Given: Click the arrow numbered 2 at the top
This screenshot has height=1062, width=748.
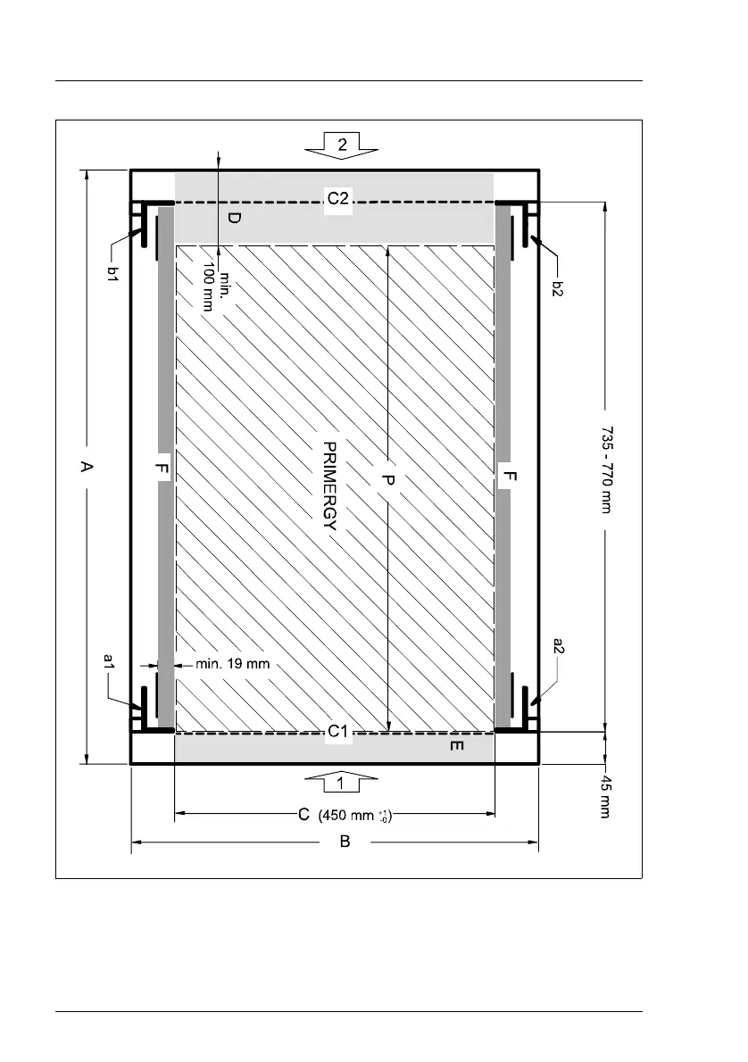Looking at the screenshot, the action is (342, 145).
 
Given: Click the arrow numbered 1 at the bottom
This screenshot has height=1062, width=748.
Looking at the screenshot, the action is (341, 783).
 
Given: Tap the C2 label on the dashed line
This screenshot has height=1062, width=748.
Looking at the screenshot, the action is (338, 198).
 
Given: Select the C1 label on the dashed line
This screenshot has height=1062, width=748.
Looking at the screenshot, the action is (338, 732).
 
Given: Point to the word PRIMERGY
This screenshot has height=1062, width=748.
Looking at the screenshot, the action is (329, 485).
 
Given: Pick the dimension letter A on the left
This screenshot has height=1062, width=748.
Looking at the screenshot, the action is (86, 466).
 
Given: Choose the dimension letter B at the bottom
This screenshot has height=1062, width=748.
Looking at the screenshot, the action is (345, 842).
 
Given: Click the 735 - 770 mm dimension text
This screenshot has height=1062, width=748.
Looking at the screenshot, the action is (606, 469).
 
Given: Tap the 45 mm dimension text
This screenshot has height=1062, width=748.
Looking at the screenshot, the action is (605, 796).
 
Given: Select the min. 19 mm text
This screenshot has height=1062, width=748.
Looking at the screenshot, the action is (232, 664).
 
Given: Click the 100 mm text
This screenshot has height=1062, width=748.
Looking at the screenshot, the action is (209, 286).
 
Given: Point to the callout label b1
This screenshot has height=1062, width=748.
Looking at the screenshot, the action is (114, 274).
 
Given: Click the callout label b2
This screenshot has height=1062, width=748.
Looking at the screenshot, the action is (557, 288).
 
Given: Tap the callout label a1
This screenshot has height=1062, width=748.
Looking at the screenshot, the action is (108, 661).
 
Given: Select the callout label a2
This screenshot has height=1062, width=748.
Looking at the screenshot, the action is (559, 645).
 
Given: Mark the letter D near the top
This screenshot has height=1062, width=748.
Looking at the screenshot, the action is (233, 218).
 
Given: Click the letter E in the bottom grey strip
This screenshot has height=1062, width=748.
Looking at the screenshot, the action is (457, 746).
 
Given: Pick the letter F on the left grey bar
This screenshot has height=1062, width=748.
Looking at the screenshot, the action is (162, 468).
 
